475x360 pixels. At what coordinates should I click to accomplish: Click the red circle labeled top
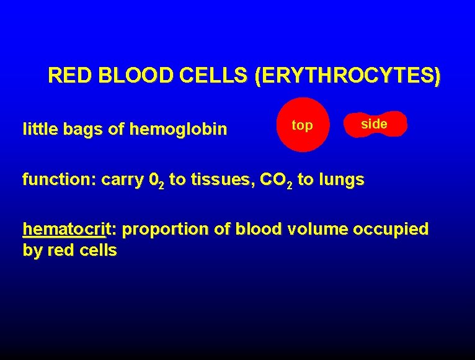tap(302, 125)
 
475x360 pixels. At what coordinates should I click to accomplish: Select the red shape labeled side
tap(375, 124)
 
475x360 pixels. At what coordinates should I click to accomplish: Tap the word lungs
tap(340, 181)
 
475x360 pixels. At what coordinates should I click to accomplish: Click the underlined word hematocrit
tap(64, 229)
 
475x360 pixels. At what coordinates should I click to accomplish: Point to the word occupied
tap(391, 230)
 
